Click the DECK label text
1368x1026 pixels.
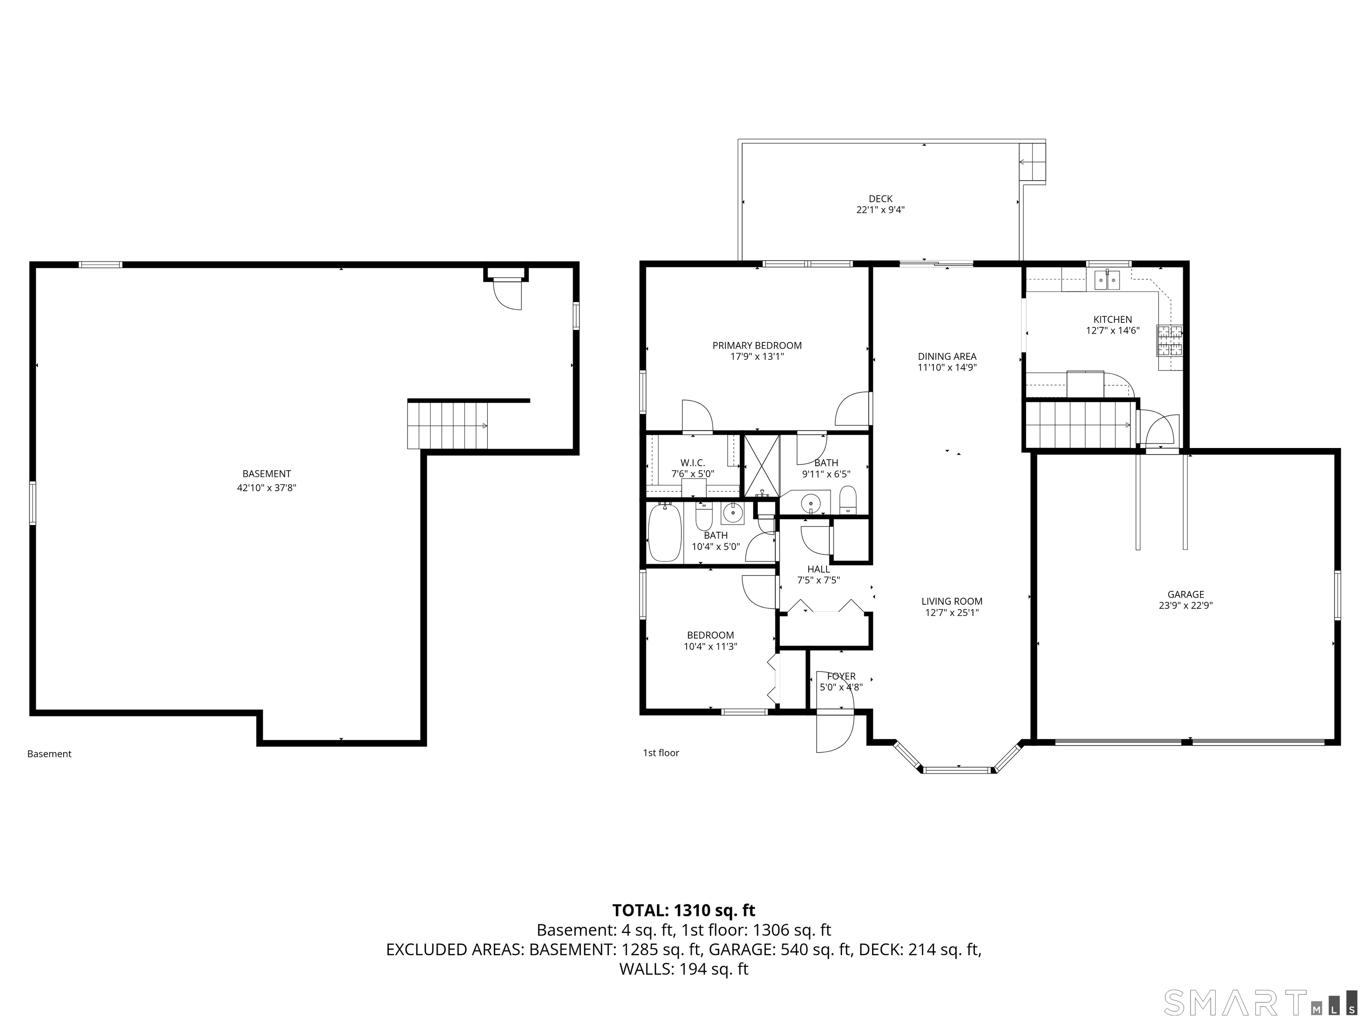880,199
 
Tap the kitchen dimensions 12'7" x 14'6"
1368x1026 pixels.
1112,331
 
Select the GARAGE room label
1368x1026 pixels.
1185,594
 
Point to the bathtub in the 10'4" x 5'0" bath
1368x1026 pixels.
664,533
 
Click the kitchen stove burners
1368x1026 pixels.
1169,341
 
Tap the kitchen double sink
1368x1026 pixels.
1107,281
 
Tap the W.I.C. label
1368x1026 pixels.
692,463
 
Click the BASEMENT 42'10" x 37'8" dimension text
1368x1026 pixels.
267,487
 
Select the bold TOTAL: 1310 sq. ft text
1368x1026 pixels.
684,910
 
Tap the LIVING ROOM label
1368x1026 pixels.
951,601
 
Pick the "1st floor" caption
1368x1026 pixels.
660,753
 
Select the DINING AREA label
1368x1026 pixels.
947,356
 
